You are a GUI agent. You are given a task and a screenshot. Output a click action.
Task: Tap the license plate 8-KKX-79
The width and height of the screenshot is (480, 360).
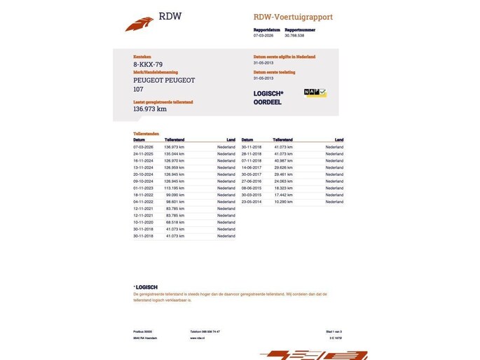tap(148, 64)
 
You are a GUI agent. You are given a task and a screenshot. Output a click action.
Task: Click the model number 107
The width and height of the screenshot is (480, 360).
tap(138, 89)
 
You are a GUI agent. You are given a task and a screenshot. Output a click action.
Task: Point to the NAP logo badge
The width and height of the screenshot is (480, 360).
tap(315, 92)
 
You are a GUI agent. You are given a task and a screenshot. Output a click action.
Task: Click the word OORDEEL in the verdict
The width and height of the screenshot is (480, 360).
tap(267, 102)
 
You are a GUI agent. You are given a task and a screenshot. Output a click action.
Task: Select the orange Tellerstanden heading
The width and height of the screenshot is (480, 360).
tap(146, 133)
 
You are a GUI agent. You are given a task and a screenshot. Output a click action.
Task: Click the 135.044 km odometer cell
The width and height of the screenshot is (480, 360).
tap(174, 153)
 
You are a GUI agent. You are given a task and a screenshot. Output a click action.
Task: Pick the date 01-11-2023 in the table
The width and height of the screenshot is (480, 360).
tap(143, 188)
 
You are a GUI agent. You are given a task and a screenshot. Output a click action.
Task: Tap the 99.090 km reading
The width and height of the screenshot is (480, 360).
tap(175, 195)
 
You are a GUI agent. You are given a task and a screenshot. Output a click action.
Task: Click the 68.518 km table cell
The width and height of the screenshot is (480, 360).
tap(175, 222)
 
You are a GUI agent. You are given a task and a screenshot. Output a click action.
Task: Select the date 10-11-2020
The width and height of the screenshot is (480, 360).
tap(143, 222)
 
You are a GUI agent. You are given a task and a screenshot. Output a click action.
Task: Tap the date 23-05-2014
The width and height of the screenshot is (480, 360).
tap(252, 202)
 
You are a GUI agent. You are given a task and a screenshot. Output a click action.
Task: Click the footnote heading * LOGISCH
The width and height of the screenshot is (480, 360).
tap(145, 287)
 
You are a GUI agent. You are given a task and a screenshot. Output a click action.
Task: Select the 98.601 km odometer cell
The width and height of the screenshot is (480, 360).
tap(175, 202)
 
